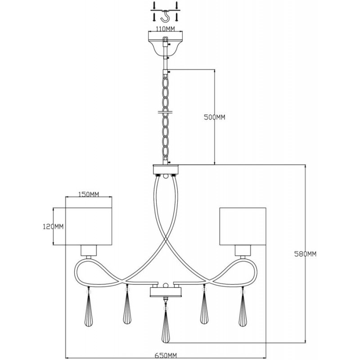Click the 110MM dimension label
[x=165, y=29]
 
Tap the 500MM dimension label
[x=215, y=117]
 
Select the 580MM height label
[x=306, y=254]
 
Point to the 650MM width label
[x=165, y=355]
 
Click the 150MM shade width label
[x=89, y=194]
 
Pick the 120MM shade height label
[x=53, y=227]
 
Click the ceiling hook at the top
[x=165, y=17]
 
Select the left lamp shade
[x=89, y=226]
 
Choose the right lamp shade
[x=243, y=226]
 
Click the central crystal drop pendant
[x=165, y=323]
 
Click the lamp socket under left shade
[x=89, y=251]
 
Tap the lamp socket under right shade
[x=243, y=251]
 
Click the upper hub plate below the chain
[x=165, y=170]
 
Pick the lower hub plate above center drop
[x=165, y=292]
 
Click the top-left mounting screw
[x=154, y=5]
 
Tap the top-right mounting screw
[x=176, y=5]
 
